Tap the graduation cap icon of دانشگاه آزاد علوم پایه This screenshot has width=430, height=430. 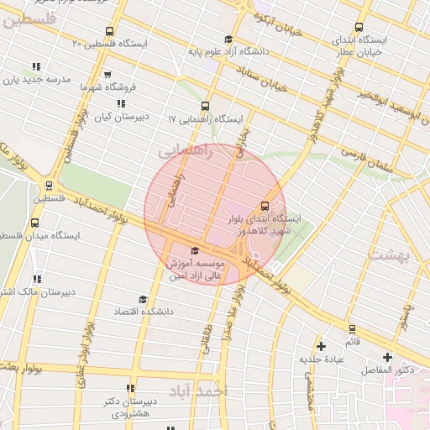228,39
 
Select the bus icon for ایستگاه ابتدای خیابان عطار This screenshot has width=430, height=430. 359,27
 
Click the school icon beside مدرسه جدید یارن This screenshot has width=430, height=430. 35,66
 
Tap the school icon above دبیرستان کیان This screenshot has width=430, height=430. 122,103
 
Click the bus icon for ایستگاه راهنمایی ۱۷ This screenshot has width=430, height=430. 206,106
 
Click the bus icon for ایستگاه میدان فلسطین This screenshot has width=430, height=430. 34,223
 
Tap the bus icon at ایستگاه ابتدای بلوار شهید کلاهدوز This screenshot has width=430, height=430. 265,206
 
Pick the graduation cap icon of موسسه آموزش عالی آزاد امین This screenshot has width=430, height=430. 196,250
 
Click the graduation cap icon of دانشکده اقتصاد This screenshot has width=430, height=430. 143,299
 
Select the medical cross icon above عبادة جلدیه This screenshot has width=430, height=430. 320,346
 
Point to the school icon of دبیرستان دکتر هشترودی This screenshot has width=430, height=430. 129,388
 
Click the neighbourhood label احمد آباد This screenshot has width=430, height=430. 197,391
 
